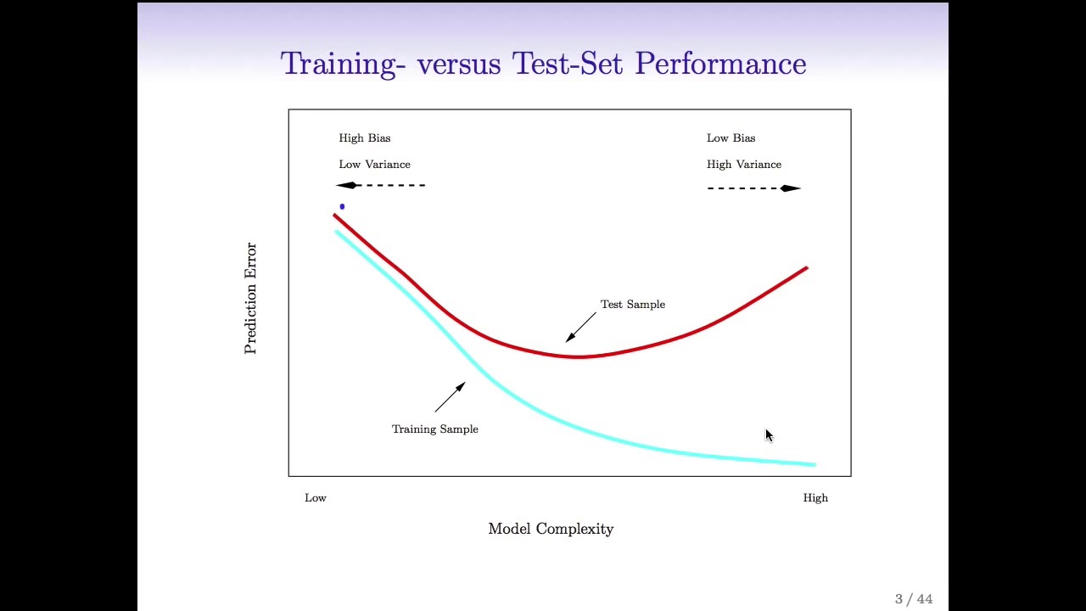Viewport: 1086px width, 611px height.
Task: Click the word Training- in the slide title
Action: point(339,64)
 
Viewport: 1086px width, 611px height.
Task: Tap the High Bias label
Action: point(365,137)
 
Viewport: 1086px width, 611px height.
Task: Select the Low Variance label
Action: point(374,164)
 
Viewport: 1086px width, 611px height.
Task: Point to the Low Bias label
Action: point(731,137)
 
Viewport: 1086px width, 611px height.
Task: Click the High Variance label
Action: point(744,164)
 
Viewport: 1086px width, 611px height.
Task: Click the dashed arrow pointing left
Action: point(381,185)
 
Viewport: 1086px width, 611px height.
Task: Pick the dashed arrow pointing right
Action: point(753,188)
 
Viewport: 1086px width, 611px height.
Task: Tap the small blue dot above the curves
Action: point(342,206)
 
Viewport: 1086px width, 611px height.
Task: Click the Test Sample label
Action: point(633,304)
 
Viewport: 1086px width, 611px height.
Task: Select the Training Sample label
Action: point(434,429)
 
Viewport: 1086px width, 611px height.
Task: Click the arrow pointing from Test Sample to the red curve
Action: point(581,327)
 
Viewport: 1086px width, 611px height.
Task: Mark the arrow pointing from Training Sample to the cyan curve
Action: point(450,397)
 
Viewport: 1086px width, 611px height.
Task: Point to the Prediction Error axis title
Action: point(250,298)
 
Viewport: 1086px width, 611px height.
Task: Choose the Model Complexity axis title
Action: point(551,529)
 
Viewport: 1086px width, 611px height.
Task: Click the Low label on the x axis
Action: point(316,497)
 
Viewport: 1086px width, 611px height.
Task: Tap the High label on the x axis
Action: point(815,497)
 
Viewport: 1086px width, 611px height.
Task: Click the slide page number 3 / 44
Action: point(914,599)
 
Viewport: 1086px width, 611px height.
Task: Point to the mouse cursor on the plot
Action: point(769,436)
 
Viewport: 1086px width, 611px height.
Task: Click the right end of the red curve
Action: point(805,269)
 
